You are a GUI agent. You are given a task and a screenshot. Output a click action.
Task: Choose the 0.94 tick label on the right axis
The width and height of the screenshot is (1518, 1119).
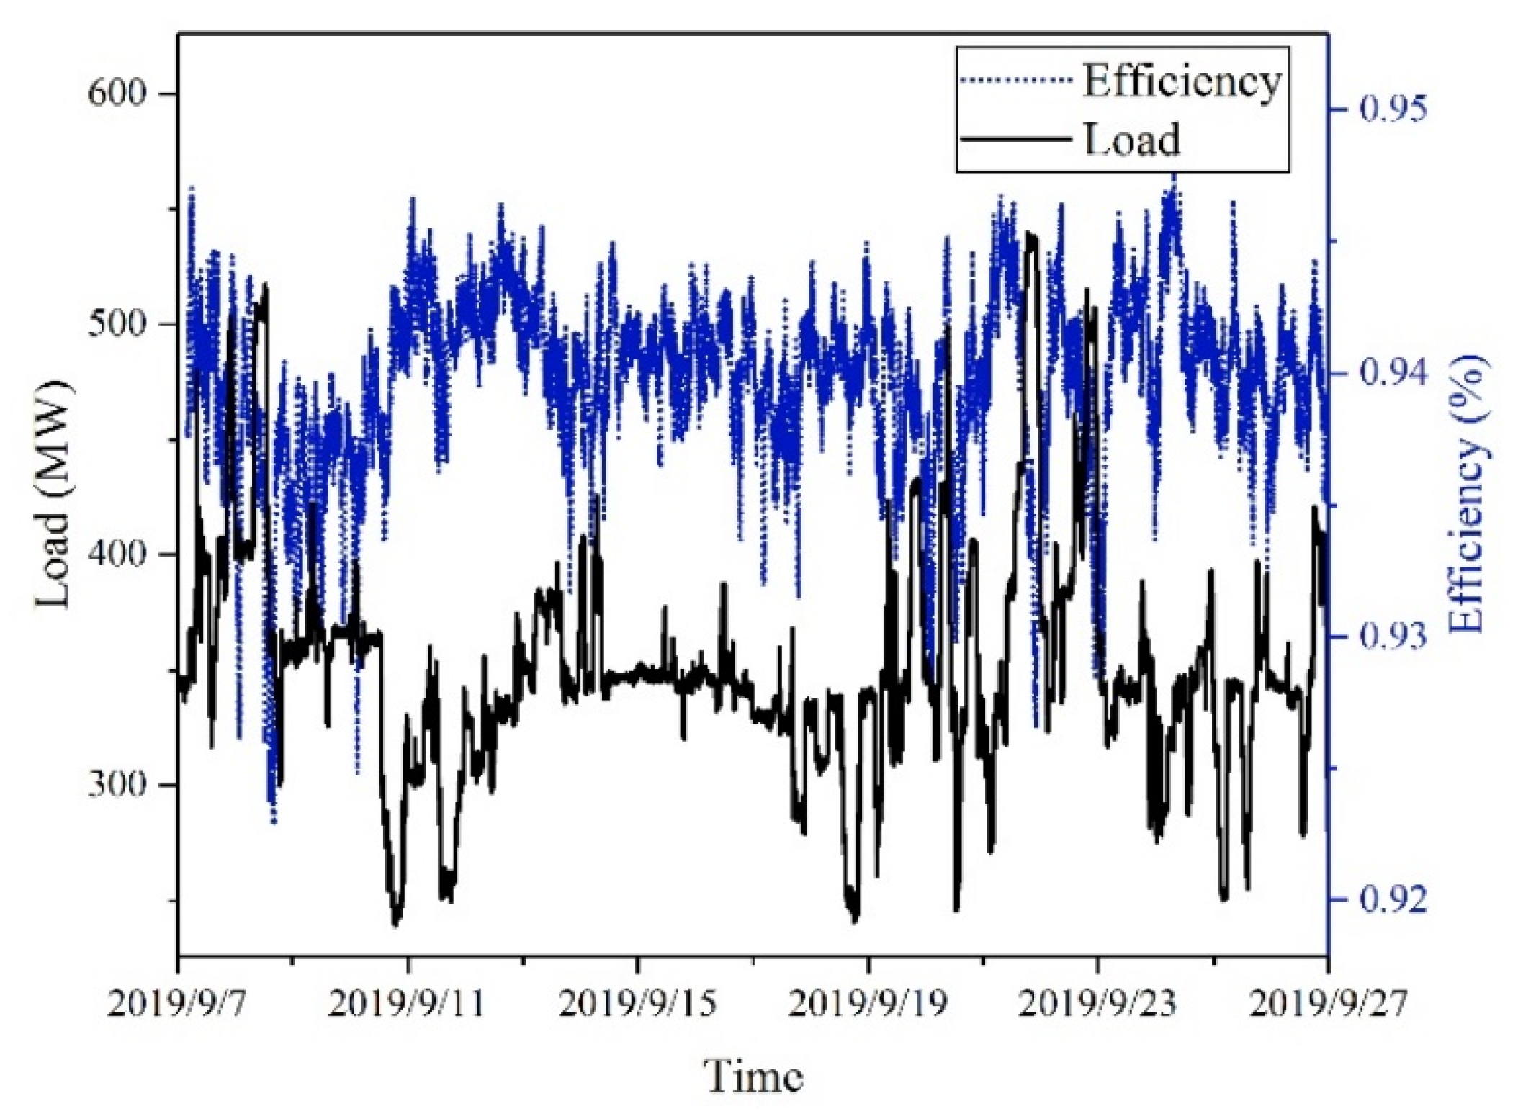pos(1391,374)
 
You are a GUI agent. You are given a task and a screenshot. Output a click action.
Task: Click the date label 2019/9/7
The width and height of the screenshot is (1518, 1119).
pos(178,1004)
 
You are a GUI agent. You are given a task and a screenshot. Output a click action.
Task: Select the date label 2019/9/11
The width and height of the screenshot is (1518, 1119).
pos(408,1004)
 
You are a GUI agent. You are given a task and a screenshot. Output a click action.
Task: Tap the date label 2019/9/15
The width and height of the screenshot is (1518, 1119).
pos(637,1004)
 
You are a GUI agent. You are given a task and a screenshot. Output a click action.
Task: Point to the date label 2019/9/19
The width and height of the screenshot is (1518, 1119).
pos(868,1004)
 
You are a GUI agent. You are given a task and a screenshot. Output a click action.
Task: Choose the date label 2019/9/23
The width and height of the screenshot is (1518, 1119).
pos(1097,1004)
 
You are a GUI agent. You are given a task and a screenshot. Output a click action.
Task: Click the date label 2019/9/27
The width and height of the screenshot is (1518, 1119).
pos(1327,1004)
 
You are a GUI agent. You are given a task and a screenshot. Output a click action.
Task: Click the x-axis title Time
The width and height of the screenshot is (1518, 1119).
pos(753,1078)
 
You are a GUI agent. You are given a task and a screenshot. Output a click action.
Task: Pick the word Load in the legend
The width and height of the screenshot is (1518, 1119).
pos(1131,139)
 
